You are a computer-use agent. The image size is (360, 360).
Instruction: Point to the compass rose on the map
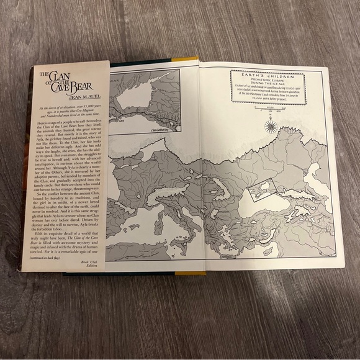click(x=271, y=127)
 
